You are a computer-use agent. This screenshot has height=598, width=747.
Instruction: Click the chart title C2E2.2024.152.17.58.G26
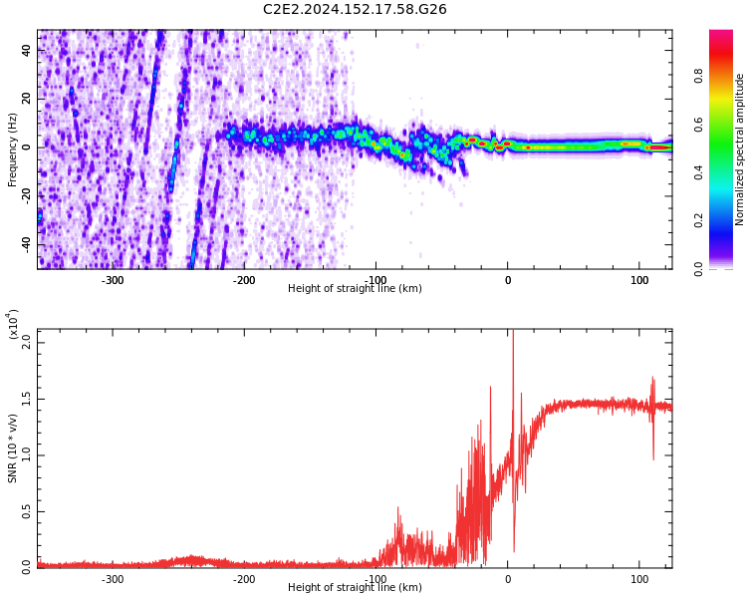pyautogui.click(x=355, y=9)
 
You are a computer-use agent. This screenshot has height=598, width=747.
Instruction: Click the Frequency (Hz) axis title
pyautogui.click(x=13, y=149)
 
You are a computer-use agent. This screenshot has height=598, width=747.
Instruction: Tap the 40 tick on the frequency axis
pyautogui.click(x=27, y=50)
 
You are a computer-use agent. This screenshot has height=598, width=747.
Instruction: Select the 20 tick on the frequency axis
pyautogui.click(x=27, y=99)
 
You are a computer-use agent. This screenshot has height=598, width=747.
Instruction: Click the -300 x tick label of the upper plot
pyautogui.click(x=113, y=280)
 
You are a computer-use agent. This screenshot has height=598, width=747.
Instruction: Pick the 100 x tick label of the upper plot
pyautogui.click(x=638, y=280)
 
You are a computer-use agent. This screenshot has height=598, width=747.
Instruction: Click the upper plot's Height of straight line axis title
pyautogui.click(x=355, y=289)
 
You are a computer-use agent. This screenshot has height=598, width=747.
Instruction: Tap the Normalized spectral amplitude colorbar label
pyautogui.click(x=740, y=149)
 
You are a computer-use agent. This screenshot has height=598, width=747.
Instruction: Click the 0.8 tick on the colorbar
pyautogui.click(x=727, y=74)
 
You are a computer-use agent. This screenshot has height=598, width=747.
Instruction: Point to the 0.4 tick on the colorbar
pyautogui.click(x=727, y=171)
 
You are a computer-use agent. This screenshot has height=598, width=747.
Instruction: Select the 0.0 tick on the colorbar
pyautogui.click(x=727, y=268)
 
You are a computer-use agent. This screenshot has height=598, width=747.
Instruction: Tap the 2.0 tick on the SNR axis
pyautogui.click(x=27, y=342)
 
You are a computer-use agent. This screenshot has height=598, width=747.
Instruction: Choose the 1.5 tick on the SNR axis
pyautogui.click(x=27, y=399)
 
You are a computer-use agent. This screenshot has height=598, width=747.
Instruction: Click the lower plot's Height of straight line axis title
pyautogui.click(x=355, y=588)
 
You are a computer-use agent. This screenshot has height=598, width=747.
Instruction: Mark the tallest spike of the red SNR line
pyautogui.click(x=513, y=335)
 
